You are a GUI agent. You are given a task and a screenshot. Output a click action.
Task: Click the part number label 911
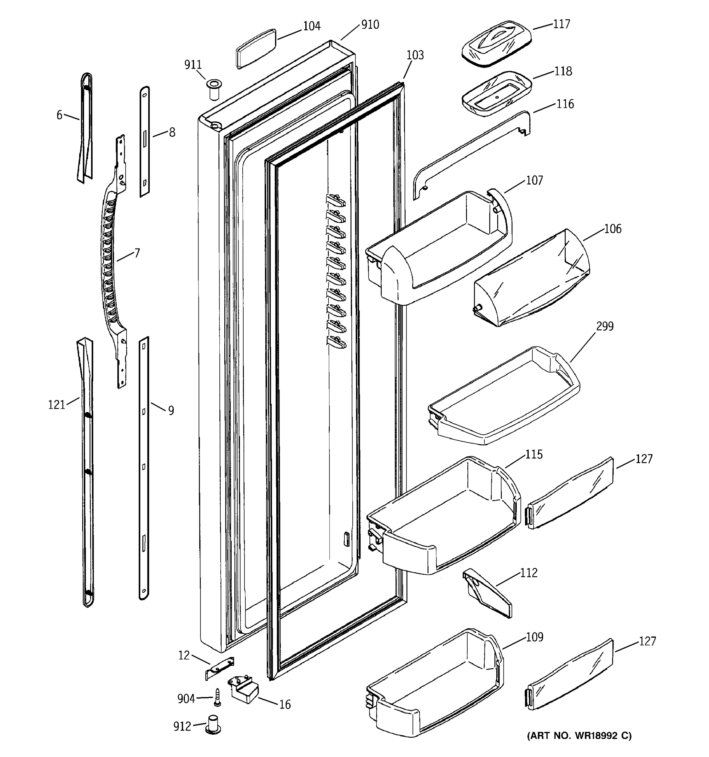click(193, 65)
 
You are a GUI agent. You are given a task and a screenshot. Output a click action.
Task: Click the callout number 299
click(604, 326)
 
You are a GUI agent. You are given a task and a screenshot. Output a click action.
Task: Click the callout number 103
click(415, 56)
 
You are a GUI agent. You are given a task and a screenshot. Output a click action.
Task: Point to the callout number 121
click(57, 405)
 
